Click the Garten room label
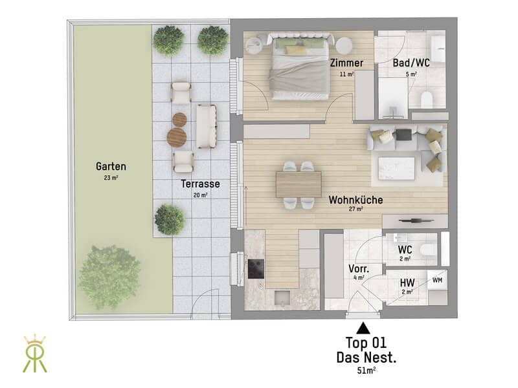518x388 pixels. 111,166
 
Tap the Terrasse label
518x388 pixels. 200,184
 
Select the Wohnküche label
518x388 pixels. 355,200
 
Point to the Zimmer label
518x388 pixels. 346,63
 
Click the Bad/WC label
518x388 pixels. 411,63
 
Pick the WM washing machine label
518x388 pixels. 438,280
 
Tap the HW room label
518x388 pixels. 407,283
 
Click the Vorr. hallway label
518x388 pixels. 359,268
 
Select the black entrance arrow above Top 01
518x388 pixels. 363,329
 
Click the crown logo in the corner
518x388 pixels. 35,353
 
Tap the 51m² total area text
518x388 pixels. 366,371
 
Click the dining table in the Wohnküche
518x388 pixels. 298,184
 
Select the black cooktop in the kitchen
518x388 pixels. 256,268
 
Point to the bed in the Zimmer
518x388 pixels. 300,67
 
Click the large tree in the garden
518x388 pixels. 109,277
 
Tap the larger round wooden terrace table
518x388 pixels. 177,137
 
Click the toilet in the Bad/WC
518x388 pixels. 427,100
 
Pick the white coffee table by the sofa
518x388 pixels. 396,168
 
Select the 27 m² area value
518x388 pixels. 355,209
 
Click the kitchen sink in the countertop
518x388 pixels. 282,299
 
